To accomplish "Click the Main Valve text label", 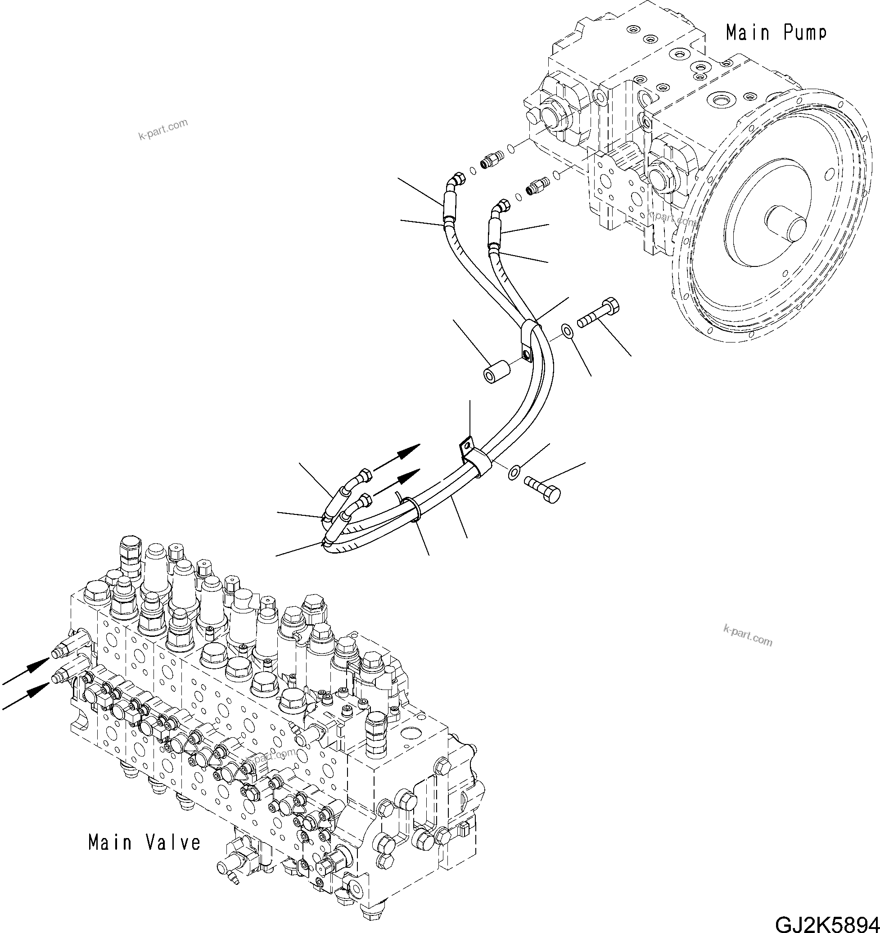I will click(144, 843).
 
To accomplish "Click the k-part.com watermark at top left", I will click(163, 130).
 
